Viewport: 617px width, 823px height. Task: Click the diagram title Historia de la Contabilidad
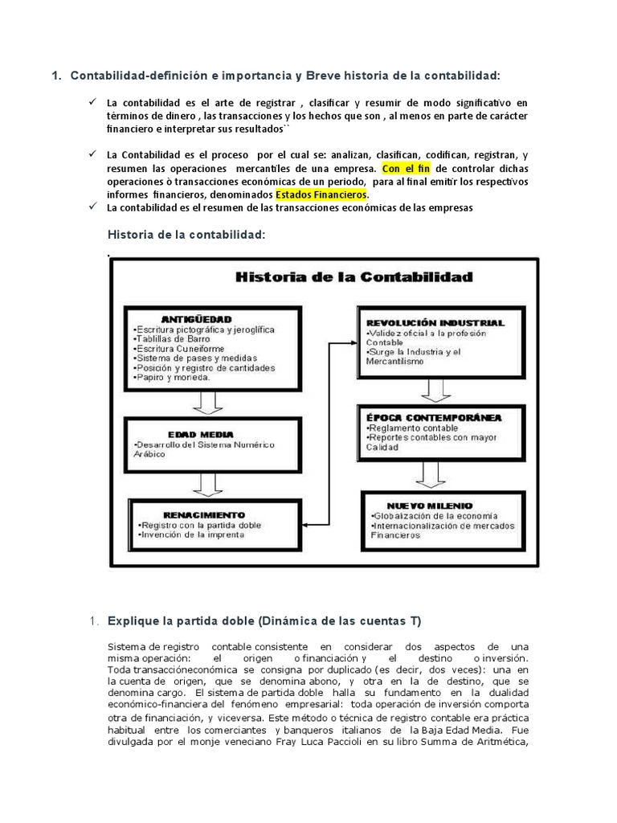click(x=353, y=277)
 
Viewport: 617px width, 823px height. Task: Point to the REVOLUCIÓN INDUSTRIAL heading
click(x=435, y=322)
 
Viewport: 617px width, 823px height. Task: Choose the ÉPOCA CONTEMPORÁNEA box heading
click(x=443, y=418)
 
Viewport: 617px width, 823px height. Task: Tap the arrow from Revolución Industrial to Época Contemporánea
click(x=438, y=389)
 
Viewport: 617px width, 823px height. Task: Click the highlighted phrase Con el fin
click(x=407, y=170)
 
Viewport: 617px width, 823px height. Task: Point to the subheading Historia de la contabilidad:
click(x=186, y=234)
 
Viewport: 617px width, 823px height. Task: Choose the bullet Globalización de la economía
click(x=435, y=515)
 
